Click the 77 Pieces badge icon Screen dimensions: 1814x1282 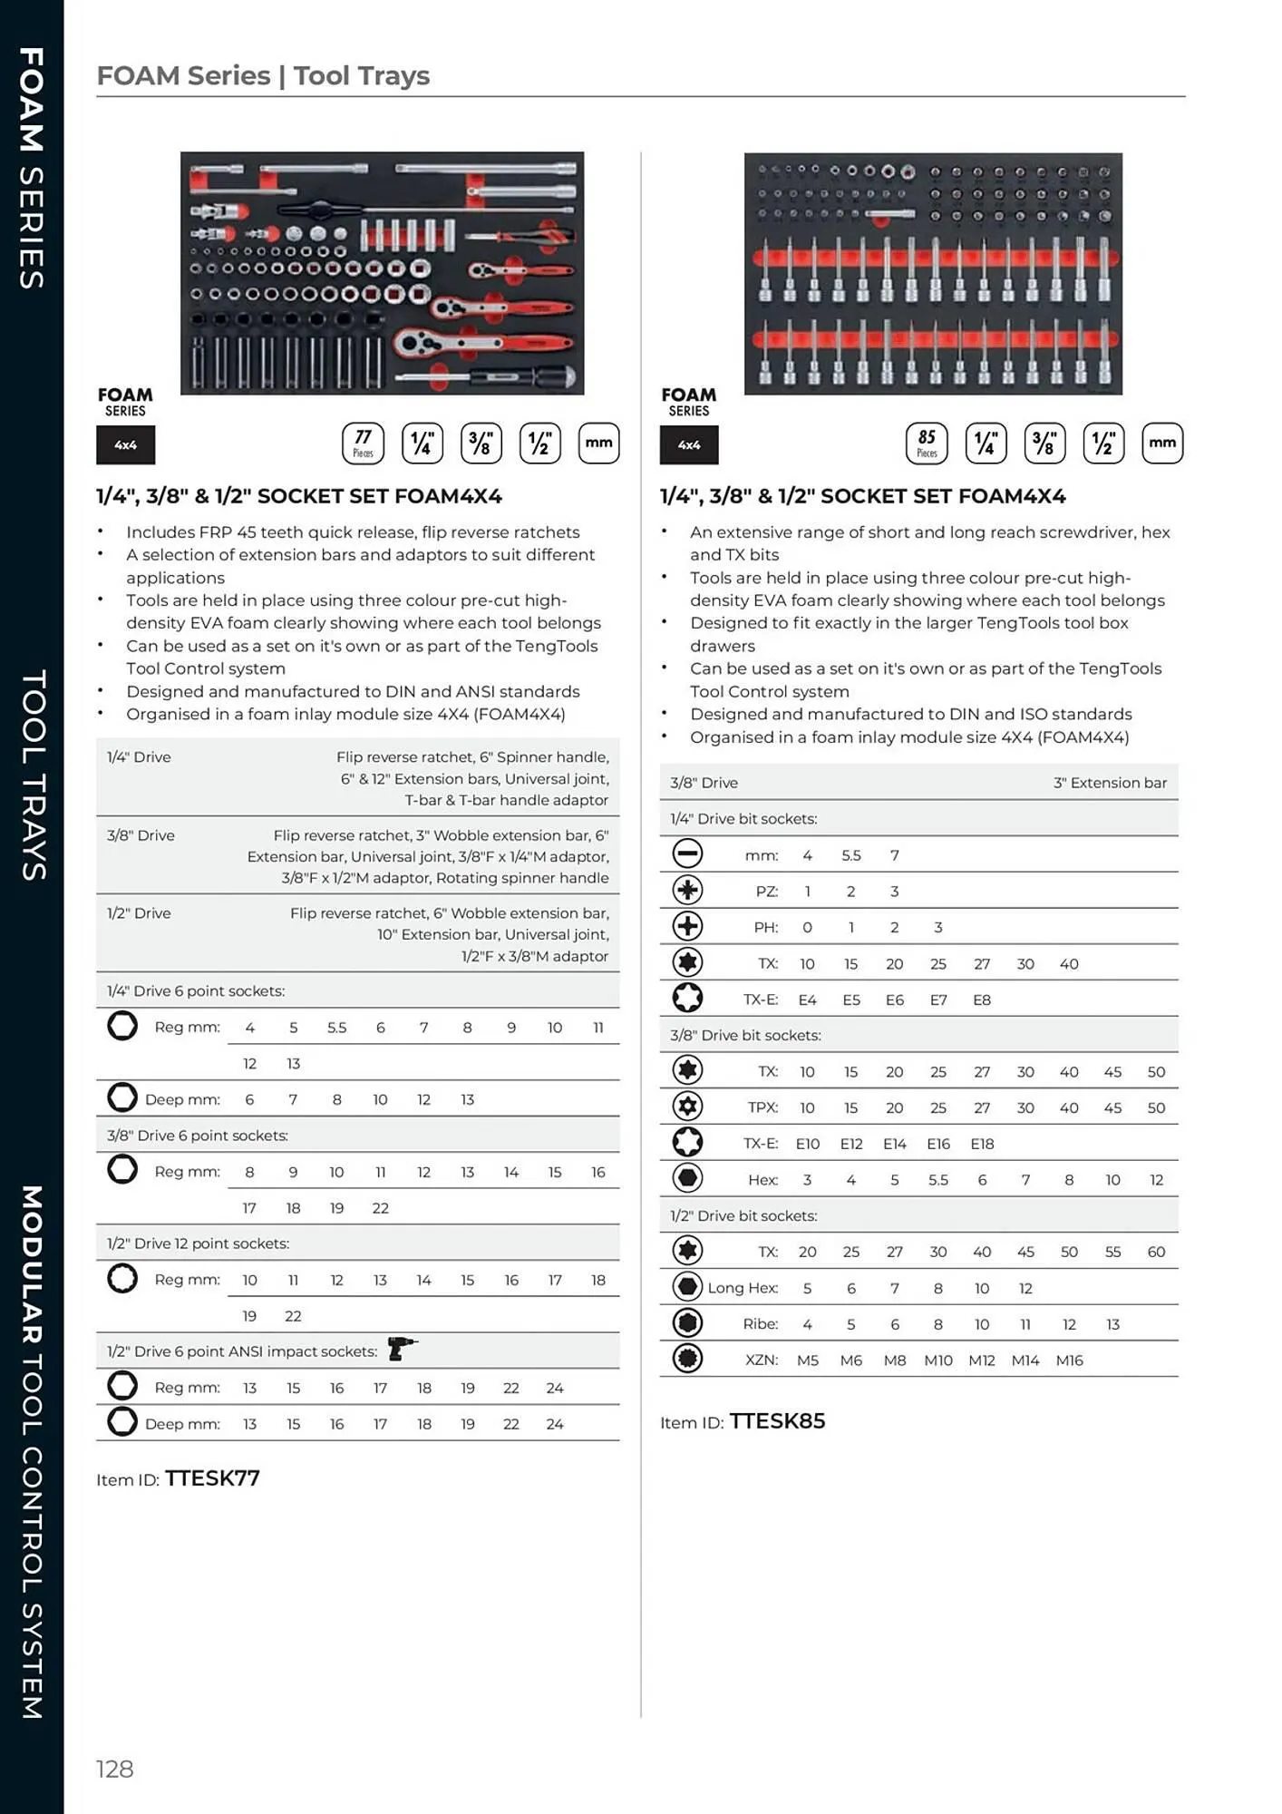tap(363, 444)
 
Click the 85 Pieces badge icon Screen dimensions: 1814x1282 tap(927, 444)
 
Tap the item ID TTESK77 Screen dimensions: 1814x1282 tap(212, 1478)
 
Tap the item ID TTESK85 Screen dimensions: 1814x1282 tap(777, 1421)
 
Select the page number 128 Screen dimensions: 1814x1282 tap(115, 1769)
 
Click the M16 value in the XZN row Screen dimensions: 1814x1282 tap(1069, 1360)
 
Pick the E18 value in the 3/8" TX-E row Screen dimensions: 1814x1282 tap(982, 1144)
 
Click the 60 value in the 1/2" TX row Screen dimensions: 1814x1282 tap(1156, 1252)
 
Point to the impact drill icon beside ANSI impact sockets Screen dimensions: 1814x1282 tap(401, 1349)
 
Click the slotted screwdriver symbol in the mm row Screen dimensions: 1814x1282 tap(687, 853)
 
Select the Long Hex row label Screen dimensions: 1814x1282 tap(743, 1288)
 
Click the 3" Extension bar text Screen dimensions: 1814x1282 tap(1110, 783)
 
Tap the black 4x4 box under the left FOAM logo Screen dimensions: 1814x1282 tap(125, 445)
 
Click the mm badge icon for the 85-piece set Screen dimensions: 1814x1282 tap(1162, 444)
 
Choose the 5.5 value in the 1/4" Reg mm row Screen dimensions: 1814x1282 tap(336, 1028)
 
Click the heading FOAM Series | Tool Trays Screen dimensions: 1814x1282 tap(263, 75)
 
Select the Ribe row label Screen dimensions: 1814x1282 tap(760, 1324)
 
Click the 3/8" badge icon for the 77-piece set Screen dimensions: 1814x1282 tap(481, 444)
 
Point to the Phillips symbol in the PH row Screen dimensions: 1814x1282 tap(687, 926)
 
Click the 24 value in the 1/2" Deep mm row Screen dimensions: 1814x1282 tap(555, 1424)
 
